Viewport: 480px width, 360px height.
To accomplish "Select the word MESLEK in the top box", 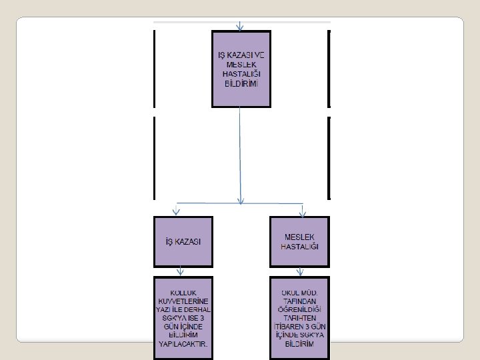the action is point(241,64).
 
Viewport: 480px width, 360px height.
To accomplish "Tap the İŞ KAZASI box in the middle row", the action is point(183,241).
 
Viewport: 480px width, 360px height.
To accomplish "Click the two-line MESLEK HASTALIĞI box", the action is point(299,241).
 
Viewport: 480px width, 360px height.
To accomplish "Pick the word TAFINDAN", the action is point(299,301).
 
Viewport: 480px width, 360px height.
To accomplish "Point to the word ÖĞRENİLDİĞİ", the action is point(299,309).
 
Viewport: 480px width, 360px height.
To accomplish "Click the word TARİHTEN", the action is point(299,318).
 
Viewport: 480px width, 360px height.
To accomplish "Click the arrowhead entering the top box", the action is point(240,27).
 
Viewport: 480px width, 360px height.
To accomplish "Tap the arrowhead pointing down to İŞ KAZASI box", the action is point(177,211).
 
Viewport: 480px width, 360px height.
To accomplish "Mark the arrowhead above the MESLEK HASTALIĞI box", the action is point(302,211).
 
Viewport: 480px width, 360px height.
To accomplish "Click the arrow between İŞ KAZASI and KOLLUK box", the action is point(180,271).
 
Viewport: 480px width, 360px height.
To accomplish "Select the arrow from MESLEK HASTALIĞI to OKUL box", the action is point(300,271).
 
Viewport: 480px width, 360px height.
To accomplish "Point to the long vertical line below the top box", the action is point(241,153).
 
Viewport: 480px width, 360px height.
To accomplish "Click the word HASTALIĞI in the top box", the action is point(241,75).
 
